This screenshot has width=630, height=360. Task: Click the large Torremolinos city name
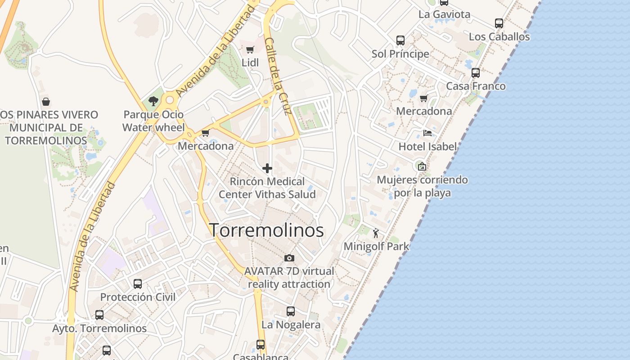pos(266,230)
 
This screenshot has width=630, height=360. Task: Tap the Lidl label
pos(250,63)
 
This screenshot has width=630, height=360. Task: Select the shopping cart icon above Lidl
pos(250,49)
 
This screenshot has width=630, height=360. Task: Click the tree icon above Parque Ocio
pos(153,101)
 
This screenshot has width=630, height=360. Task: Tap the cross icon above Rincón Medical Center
pos(267,168)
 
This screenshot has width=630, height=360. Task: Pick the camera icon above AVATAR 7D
pos(289,258)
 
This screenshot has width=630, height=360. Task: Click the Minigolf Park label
pos(376,247)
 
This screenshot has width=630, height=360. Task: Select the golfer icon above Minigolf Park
pos(376,233)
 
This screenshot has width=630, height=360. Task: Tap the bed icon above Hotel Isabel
pos(427,133)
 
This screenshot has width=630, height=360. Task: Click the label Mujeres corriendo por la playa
pos(422,186)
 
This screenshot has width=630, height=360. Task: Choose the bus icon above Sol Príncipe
pos(400,40)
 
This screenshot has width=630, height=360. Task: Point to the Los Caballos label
pos(499,37)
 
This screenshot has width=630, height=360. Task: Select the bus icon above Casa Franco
pos(476,72)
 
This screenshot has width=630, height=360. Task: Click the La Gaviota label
pos(444,14)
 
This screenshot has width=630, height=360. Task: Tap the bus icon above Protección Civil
pos(138,284)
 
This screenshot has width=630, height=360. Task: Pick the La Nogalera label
pos(291,325)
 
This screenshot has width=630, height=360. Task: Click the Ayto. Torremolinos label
pos(99,328)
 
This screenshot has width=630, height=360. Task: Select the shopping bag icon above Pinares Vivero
pos(45,102)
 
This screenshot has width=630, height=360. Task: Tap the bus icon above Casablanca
pos(261,345)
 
